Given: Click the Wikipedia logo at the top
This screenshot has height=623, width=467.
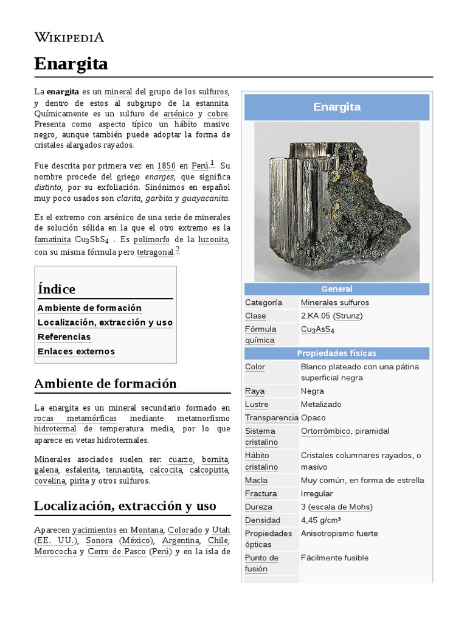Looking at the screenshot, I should point(69,37).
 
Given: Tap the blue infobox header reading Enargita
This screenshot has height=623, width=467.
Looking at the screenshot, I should point(337,107).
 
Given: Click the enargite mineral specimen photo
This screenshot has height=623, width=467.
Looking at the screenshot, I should point(336,201).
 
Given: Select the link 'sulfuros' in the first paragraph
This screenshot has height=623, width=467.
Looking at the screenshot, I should point(213,92).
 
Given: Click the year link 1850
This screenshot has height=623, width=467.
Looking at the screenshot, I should point(166,165).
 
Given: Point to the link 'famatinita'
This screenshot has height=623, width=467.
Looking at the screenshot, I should point(52,239).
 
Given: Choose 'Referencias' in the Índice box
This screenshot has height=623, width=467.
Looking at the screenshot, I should point(64,337).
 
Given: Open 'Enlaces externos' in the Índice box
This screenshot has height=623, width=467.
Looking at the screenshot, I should point(76,352).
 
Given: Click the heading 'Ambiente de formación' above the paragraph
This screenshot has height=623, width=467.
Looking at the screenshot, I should point(105,384).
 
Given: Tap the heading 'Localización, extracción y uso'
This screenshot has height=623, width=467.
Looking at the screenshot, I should point(125,506).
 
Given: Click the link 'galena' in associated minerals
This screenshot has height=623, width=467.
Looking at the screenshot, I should point(46,470).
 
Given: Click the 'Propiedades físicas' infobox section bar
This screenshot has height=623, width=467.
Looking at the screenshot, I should point(337,353).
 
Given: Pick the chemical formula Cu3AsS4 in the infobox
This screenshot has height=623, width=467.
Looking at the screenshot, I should point(317,330).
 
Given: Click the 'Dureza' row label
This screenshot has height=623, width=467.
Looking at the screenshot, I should point(258,507).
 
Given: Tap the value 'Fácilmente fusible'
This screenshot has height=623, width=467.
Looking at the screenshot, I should point(334,558).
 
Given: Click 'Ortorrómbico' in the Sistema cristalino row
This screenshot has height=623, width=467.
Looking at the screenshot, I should point(325,431).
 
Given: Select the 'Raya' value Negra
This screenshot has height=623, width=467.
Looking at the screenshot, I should point(312,391).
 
